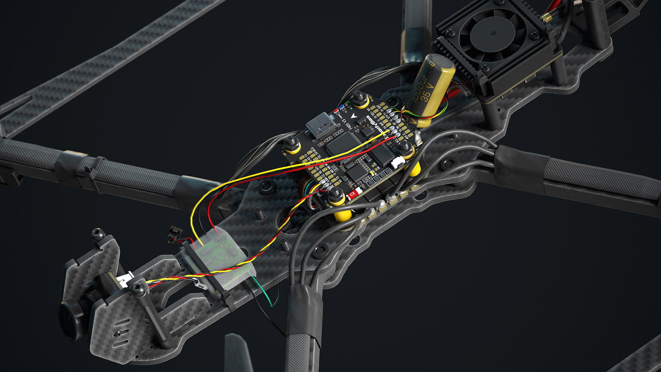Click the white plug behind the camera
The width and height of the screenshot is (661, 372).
point(126,279)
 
